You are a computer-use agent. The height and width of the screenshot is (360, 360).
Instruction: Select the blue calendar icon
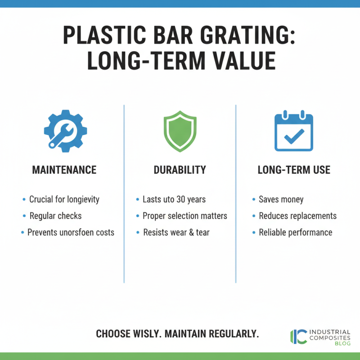[x=294, y=132]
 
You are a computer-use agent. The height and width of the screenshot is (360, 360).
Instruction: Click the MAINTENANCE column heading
[x=64, y=170]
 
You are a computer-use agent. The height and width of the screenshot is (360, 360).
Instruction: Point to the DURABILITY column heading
[x=180, y=170]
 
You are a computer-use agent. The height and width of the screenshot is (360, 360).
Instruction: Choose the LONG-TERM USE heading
[x=294, y=170]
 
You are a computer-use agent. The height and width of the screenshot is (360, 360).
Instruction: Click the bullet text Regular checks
[x=55, y=216]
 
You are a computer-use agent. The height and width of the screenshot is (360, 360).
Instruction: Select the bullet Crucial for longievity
[x=64, y=199]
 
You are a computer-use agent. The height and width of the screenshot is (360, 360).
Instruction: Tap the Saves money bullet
[x=281, y=199]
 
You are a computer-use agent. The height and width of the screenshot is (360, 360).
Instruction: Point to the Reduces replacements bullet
[x=297, y=216]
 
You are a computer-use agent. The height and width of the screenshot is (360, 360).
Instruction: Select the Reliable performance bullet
[x=295, y=232]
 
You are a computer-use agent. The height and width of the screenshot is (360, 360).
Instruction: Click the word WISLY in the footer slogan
[x=145, y=334]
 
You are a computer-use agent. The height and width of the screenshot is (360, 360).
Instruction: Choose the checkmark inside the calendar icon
[x=294, y=135]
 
